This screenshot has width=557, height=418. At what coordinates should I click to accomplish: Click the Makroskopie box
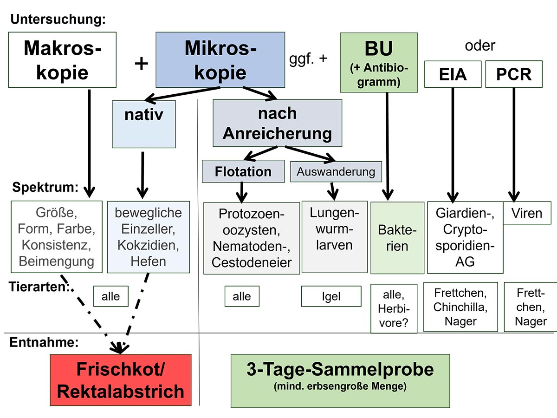pyautogui.click(x=63, y=59)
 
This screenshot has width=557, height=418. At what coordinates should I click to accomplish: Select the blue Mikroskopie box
pyautogui.click(x=220, y=59)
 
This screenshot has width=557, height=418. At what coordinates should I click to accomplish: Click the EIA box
pyautogui.click(x=453, y=74)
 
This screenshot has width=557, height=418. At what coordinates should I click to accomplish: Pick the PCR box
pyautogui.click(x=514, y=74)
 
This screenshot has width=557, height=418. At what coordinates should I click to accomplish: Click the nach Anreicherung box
pyautogui.click(x=277, y=123)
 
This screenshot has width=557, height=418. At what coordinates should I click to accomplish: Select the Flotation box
pyautogui.click(x=243, y=171)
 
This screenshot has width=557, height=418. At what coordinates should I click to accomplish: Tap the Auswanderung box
pyautogui.click(x=336, y=171)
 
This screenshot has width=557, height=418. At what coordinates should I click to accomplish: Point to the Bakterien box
pyautogui.click(x=397, y=238)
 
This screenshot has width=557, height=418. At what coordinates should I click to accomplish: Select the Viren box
pyautogui.click(x=527, y=213)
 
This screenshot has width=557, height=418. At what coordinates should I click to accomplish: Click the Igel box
pyautogui.click(x=331, y=296)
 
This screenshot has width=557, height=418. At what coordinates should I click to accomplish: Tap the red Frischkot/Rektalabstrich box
pyautogui.click(x=120, y=380)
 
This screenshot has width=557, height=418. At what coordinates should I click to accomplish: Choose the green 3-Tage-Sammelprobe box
pyautogui.click(x=340, y=380)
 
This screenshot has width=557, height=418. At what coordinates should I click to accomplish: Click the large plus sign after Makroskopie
pyautogui.click(x=141, y=63)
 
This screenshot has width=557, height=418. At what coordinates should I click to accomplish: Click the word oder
pyautogui.click(x=480, y=46)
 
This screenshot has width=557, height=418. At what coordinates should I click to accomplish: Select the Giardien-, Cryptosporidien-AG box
pyautogui.click(x=465, y=237)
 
